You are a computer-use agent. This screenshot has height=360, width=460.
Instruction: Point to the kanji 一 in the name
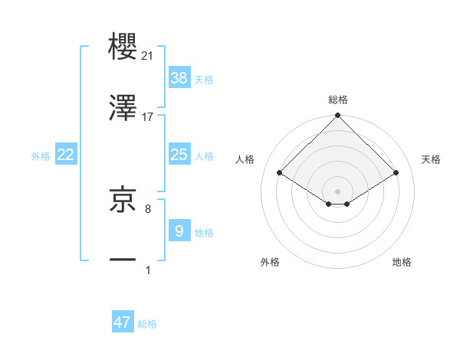point(123,260)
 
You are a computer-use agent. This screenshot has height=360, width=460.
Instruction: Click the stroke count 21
point(148,56)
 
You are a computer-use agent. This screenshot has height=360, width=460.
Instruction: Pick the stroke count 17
point(148,116)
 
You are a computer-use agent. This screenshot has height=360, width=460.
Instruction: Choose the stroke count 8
point(148,208)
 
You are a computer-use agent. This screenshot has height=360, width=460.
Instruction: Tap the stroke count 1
point(148,270)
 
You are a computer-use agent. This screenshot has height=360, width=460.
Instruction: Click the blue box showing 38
point(179,77)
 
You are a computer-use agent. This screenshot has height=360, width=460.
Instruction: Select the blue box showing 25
point(179,155)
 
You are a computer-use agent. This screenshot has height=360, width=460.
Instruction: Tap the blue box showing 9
point(179,231)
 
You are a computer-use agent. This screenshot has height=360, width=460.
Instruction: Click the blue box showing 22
point(66,155)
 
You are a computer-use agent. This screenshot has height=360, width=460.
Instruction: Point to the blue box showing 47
point(123,322)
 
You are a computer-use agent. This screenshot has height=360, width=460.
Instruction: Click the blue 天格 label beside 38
point(204,79)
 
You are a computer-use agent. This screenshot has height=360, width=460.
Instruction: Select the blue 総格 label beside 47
point(147,324)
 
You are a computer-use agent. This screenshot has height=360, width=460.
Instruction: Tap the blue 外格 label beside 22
point(41,156)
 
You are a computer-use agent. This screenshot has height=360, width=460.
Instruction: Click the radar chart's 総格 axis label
point(338,100)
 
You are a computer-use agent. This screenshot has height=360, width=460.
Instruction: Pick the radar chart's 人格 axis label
point(245,159)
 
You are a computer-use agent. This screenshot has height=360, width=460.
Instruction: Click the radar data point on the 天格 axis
point(396,173)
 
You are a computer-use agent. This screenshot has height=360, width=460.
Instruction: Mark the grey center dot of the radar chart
point(338,191)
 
